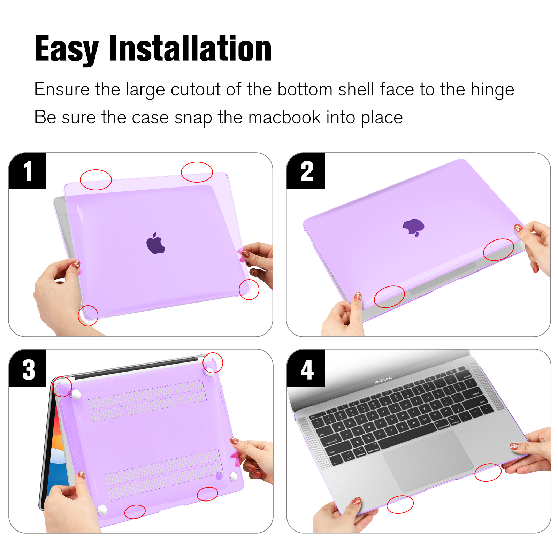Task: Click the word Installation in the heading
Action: coord(190,49)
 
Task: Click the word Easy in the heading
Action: coord(67,50)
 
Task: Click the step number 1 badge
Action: coord(28,171)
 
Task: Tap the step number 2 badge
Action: coord(306,171)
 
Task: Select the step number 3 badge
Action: coord(28,369)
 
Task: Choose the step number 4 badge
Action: coord(306,369)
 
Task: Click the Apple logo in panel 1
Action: coord(155,243)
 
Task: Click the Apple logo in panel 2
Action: coord(414,227)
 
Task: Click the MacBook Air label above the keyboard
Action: coord(383,380)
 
